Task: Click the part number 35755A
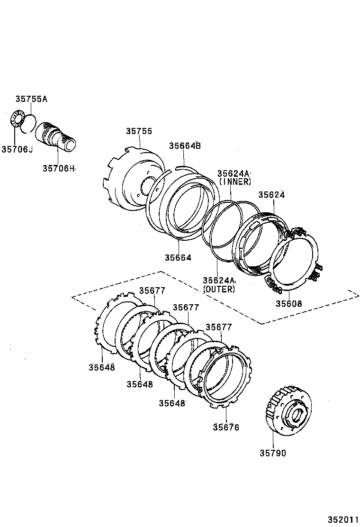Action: pyautogui.click(x=31, y=99)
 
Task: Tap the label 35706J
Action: pyautogui.click(x=17, y=150)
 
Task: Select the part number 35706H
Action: pyautogui.click(x=59, y=168)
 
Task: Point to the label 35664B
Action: pyautogui.click(x=185, y=146)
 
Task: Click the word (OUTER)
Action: pyautogui.click(x=219, y=289)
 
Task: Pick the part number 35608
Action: pyautogui.click(x=288, y=304)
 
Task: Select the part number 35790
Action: pyautogui.click(x=272, y=453)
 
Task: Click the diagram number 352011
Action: pyautogui.click(x=342, y=520)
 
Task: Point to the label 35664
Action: pyautogui.click(x=178, y=258)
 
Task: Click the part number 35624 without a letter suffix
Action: pyautogui.click(x=272, y=195)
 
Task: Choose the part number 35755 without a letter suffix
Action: pyautogui.click(x=139, y=131)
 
